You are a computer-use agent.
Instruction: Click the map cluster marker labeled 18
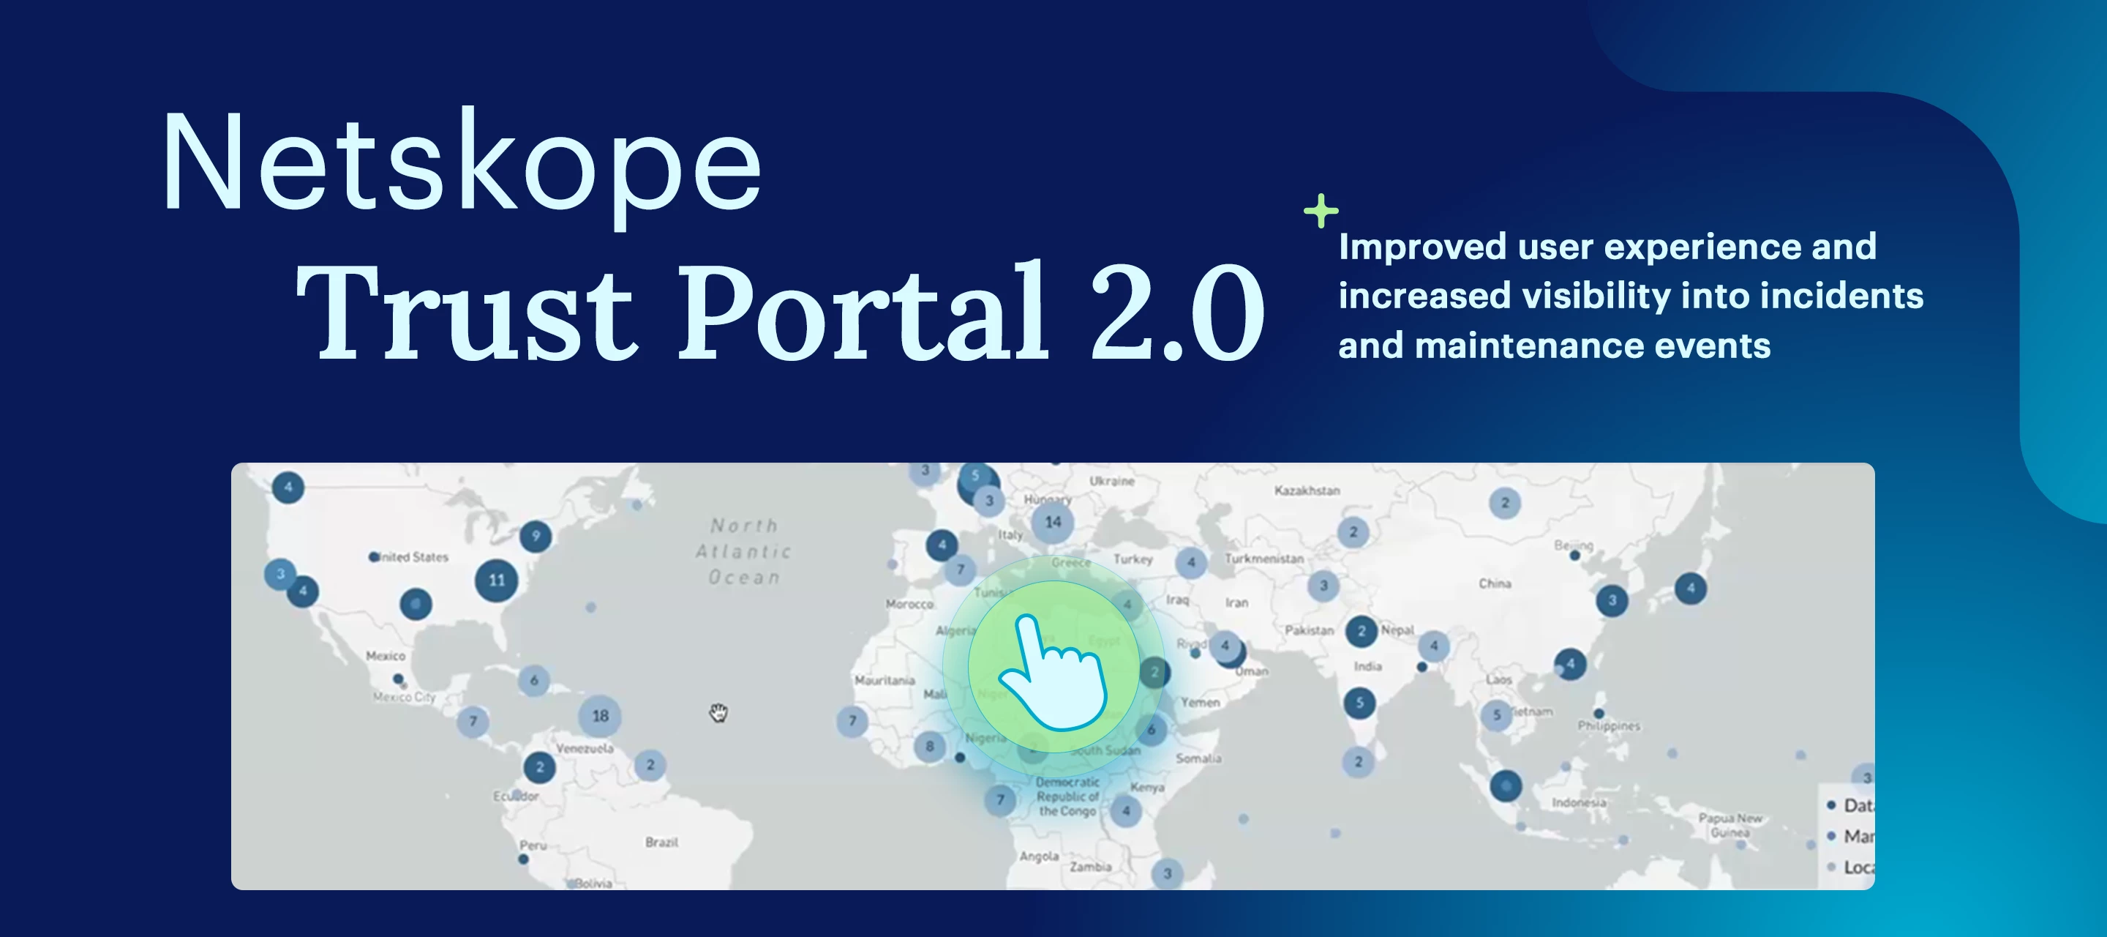(x=601, y=716)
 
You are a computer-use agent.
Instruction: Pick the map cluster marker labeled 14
(x=1053, y=522)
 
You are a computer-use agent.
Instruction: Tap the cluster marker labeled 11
(x=497, y=581)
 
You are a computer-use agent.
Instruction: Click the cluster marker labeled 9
(x=536, y=536)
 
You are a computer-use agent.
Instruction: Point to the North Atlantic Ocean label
(x=743, y=551)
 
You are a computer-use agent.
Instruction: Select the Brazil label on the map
(x=661, y=842)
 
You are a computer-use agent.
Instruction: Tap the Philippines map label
(x=1609, y=726)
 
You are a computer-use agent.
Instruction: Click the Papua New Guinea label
(x=1731, y=825)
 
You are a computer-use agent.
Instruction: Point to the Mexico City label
(x=404, y=697)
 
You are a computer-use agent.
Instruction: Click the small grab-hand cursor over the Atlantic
(x=718, y=713)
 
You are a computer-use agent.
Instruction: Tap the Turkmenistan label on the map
(x=1263, y=558)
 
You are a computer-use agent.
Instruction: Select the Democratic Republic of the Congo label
(x=1067, y=796)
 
